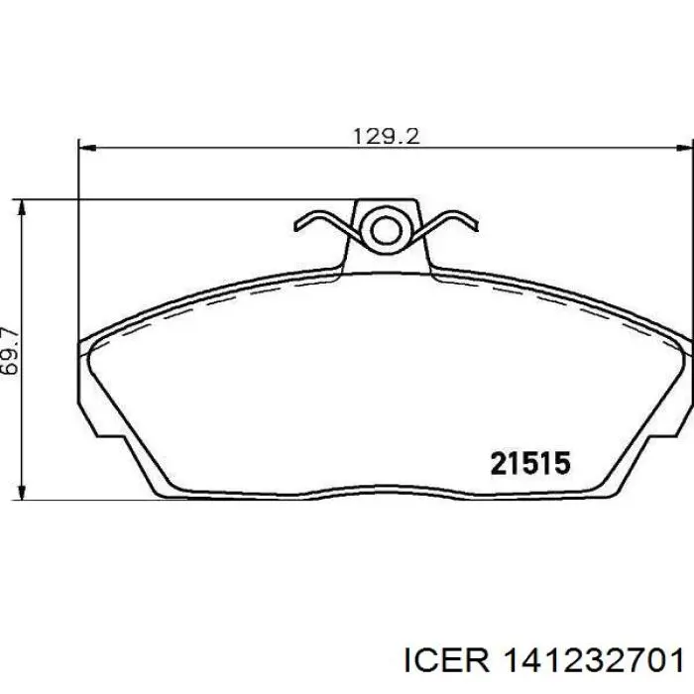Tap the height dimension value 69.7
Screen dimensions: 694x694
pyautogui.click(x=11, y=350)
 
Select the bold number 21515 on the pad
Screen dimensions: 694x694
pyautogui.click(x=530, y=462)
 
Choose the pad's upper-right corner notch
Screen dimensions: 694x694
pyautogui.click(x=681, y=343)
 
